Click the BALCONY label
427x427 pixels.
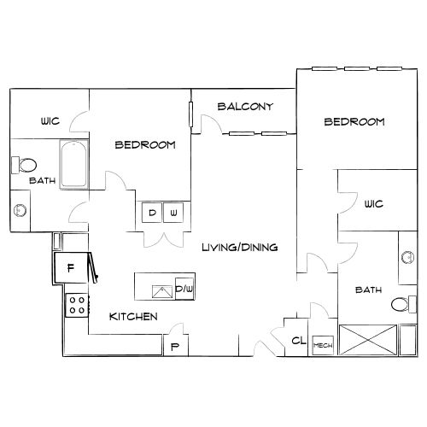point(245,107)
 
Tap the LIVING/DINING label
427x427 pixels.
point(240,247)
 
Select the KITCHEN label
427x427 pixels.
point(133,317)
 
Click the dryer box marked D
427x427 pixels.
point(152,213)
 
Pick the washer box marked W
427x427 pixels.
point(173,213)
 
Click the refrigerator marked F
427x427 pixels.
point(70,267)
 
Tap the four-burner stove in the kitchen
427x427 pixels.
point(77,305)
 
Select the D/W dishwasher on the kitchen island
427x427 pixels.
point(184,289)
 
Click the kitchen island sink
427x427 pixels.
point(162,292)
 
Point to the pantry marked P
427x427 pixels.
point(175,345)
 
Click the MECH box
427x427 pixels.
point(323,345)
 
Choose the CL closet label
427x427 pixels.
point(299,340)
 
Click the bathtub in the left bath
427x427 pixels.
point(73,164)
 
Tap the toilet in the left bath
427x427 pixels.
point(24,165)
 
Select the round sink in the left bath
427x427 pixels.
point(20,210)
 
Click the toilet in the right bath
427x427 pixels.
point(404,304)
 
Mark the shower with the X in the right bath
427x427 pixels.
point(368,340)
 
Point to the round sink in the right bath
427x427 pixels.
point(407,258)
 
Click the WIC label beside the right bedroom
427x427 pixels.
point(374,204)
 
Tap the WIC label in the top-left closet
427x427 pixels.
point(50,121)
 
